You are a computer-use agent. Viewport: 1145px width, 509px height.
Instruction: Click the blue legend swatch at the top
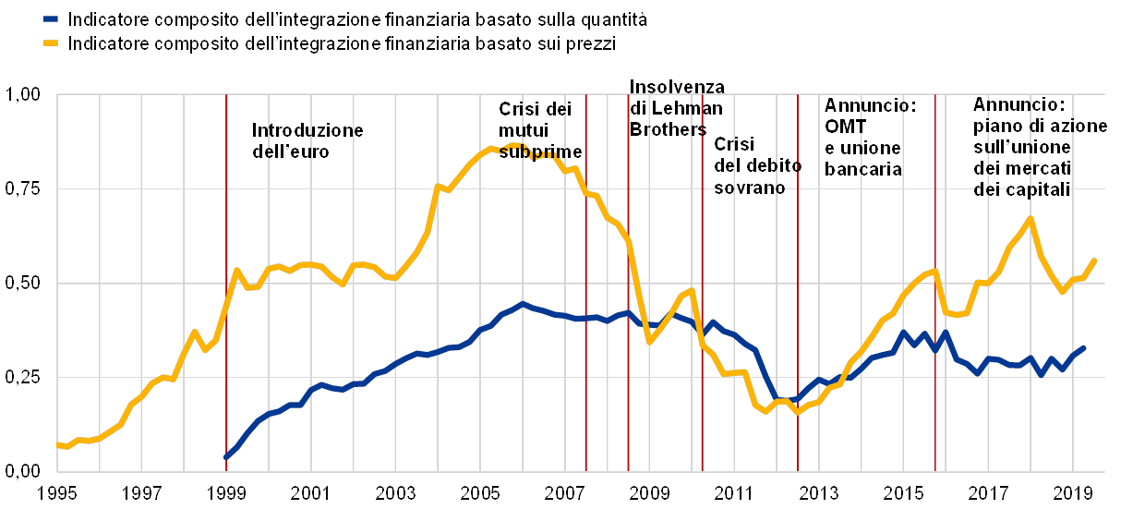pos(52,18)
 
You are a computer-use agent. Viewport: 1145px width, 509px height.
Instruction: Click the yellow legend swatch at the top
pos(52,42)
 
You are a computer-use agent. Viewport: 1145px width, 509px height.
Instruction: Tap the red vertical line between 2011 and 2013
pos(798,277)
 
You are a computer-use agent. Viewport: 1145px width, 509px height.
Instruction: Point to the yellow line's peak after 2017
pos(1030,218)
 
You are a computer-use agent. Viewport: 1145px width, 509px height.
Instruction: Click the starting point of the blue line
pos(226,456)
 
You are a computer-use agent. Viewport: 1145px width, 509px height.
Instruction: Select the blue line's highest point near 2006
pos(523,303)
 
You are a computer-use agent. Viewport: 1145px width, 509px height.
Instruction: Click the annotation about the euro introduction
pos(307,140)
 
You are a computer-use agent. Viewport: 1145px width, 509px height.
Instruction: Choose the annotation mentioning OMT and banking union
pos(865,137)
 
